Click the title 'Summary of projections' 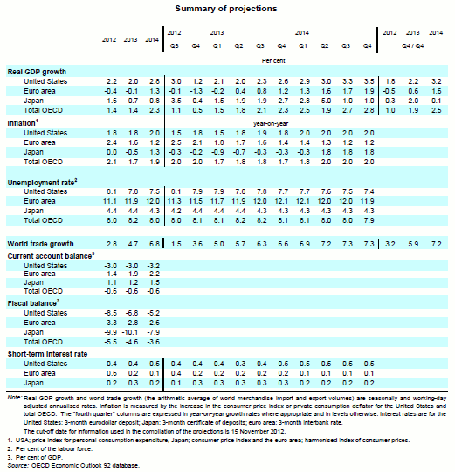[x=226, y=9]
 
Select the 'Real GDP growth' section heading [x=37, y=72]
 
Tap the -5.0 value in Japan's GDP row [x=325, y=101]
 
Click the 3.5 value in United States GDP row [x=369, y=81]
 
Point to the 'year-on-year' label [x=271, y=124]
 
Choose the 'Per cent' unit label [x=273, y=60]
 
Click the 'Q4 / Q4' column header [x=412, y=45]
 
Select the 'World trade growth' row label [x=40, y=244]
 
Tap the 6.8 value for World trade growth [x=155, y=244]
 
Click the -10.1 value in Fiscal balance [x=130, y=332]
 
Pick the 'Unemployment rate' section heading [x=41, y=183]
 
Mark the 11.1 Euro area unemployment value [x=110, y=201]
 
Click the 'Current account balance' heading [x=50, y=256]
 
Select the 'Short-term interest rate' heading [x=47, y=354]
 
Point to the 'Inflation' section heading [x=22, y=123]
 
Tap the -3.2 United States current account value [x=154, y=266]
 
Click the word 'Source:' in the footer [x=18, y=466]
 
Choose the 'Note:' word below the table [x=15, y=398]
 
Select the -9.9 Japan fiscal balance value [x=111, y=332]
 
